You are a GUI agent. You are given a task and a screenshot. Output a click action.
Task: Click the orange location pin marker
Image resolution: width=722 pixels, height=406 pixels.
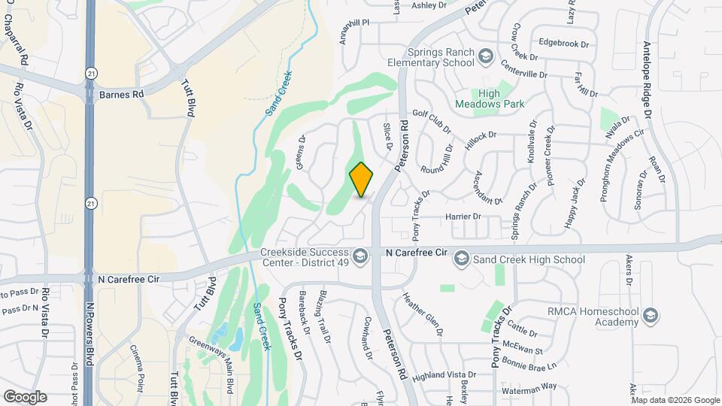tap(362, 179)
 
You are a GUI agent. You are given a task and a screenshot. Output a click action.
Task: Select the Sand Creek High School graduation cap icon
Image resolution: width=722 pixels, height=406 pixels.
tap(462, 259)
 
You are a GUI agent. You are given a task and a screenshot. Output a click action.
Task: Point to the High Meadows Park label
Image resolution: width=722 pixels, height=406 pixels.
tap(490, 99)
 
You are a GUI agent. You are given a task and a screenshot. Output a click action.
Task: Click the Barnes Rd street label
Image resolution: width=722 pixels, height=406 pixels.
tap(121, 95)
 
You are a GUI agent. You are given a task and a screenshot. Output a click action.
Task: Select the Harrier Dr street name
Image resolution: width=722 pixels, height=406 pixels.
tap(463, 217)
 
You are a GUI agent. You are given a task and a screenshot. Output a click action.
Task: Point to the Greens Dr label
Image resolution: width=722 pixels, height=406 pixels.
tap(302, 152)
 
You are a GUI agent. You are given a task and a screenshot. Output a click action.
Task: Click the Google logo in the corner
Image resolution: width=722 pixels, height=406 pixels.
tap(25, 396)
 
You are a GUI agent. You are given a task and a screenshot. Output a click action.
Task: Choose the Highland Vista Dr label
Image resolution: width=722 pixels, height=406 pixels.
tap(444, 374)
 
